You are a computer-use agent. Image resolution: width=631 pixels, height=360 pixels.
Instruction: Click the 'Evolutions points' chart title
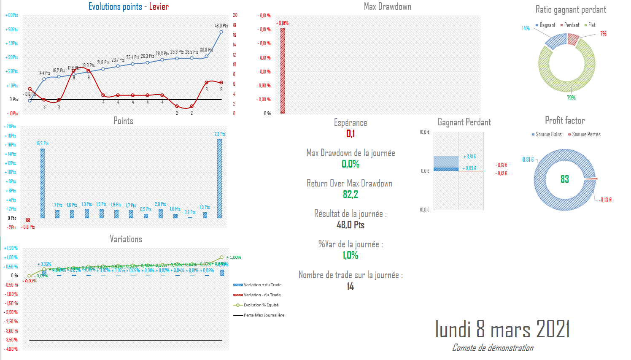(115, 6)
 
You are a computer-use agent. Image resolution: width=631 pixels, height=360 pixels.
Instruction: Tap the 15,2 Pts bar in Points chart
(43, 183)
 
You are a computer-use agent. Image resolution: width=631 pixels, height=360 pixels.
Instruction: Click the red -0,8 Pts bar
(28, 220)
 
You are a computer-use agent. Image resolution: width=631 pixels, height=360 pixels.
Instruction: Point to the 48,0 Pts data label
(221, 26)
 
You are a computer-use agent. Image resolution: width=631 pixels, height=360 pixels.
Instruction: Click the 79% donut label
(571, 98)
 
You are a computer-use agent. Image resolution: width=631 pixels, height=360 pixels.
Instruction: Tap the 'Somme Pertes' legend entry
(586, 134)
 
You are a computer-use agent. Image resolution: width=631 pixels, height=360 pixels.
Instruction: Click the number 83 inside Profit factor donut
(565, 179)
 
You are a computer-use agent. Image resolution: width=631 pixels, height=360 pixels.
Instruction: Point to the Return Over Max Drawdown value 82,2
(351, 194)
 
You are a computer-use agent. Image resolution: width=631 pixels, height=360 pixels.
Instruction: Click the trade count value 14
(351, 287)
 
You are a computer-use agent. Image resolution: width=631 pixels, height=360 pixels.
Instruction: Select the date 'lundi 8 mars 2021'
(502, 329)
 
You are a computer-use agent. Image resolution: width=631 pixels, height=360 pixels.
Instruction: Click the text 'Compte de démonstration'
(493, 348)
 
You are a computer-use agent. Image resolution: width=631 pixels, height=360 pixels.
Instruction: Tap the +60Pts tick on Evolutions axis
(12, 15)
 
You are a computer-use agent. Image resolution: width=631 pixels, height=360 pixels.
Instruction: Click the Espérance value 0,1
(351, 133)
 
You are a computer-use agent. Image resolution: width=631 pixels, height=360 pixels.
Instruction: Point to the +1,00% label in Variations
(234, 257)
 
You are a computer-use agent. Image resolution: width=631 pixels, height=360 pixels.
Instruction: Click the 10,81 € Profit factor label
(527, 160)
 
